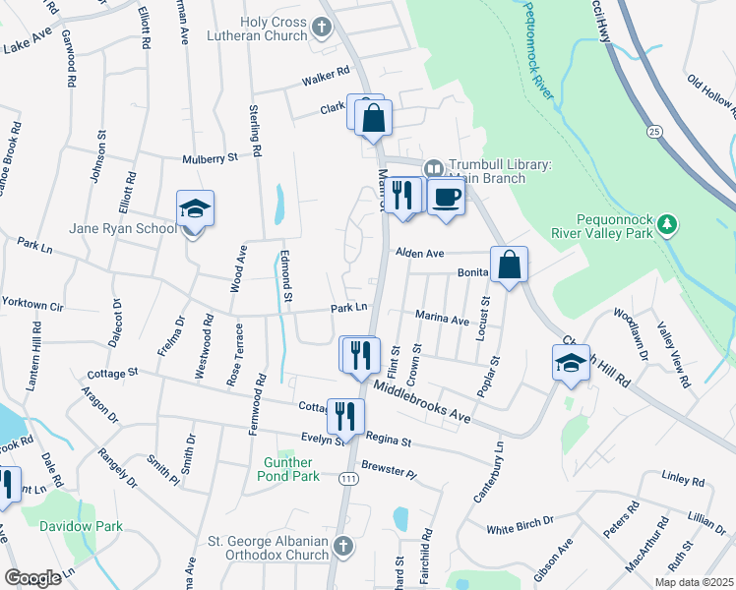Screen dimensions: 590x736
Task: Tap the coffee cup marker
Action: (x=446, y=196)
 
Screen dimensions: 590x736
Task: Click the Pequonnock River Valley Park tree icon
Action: (x=668, y=223)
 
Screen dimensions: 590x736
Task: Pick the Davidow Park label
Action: (x=81, y=526)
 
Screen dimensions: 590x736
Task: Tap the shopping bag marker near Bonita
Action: (x=509, y=265)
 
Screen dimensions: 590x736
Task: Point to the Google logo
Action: (x=32, y=578)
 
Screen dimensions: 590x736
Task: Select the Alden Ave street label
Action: (x=420, y=253)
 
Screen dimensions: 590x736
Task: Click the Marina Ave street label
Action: (x=442, y=319)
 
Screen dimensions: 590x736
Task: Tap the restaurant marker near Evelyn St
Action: (x=344, y=414)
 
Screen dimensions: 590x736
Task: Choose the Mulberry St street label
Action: (x=211, y=157)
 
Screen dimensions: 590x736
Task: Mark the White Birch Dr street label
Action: (x=521, y=529)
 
